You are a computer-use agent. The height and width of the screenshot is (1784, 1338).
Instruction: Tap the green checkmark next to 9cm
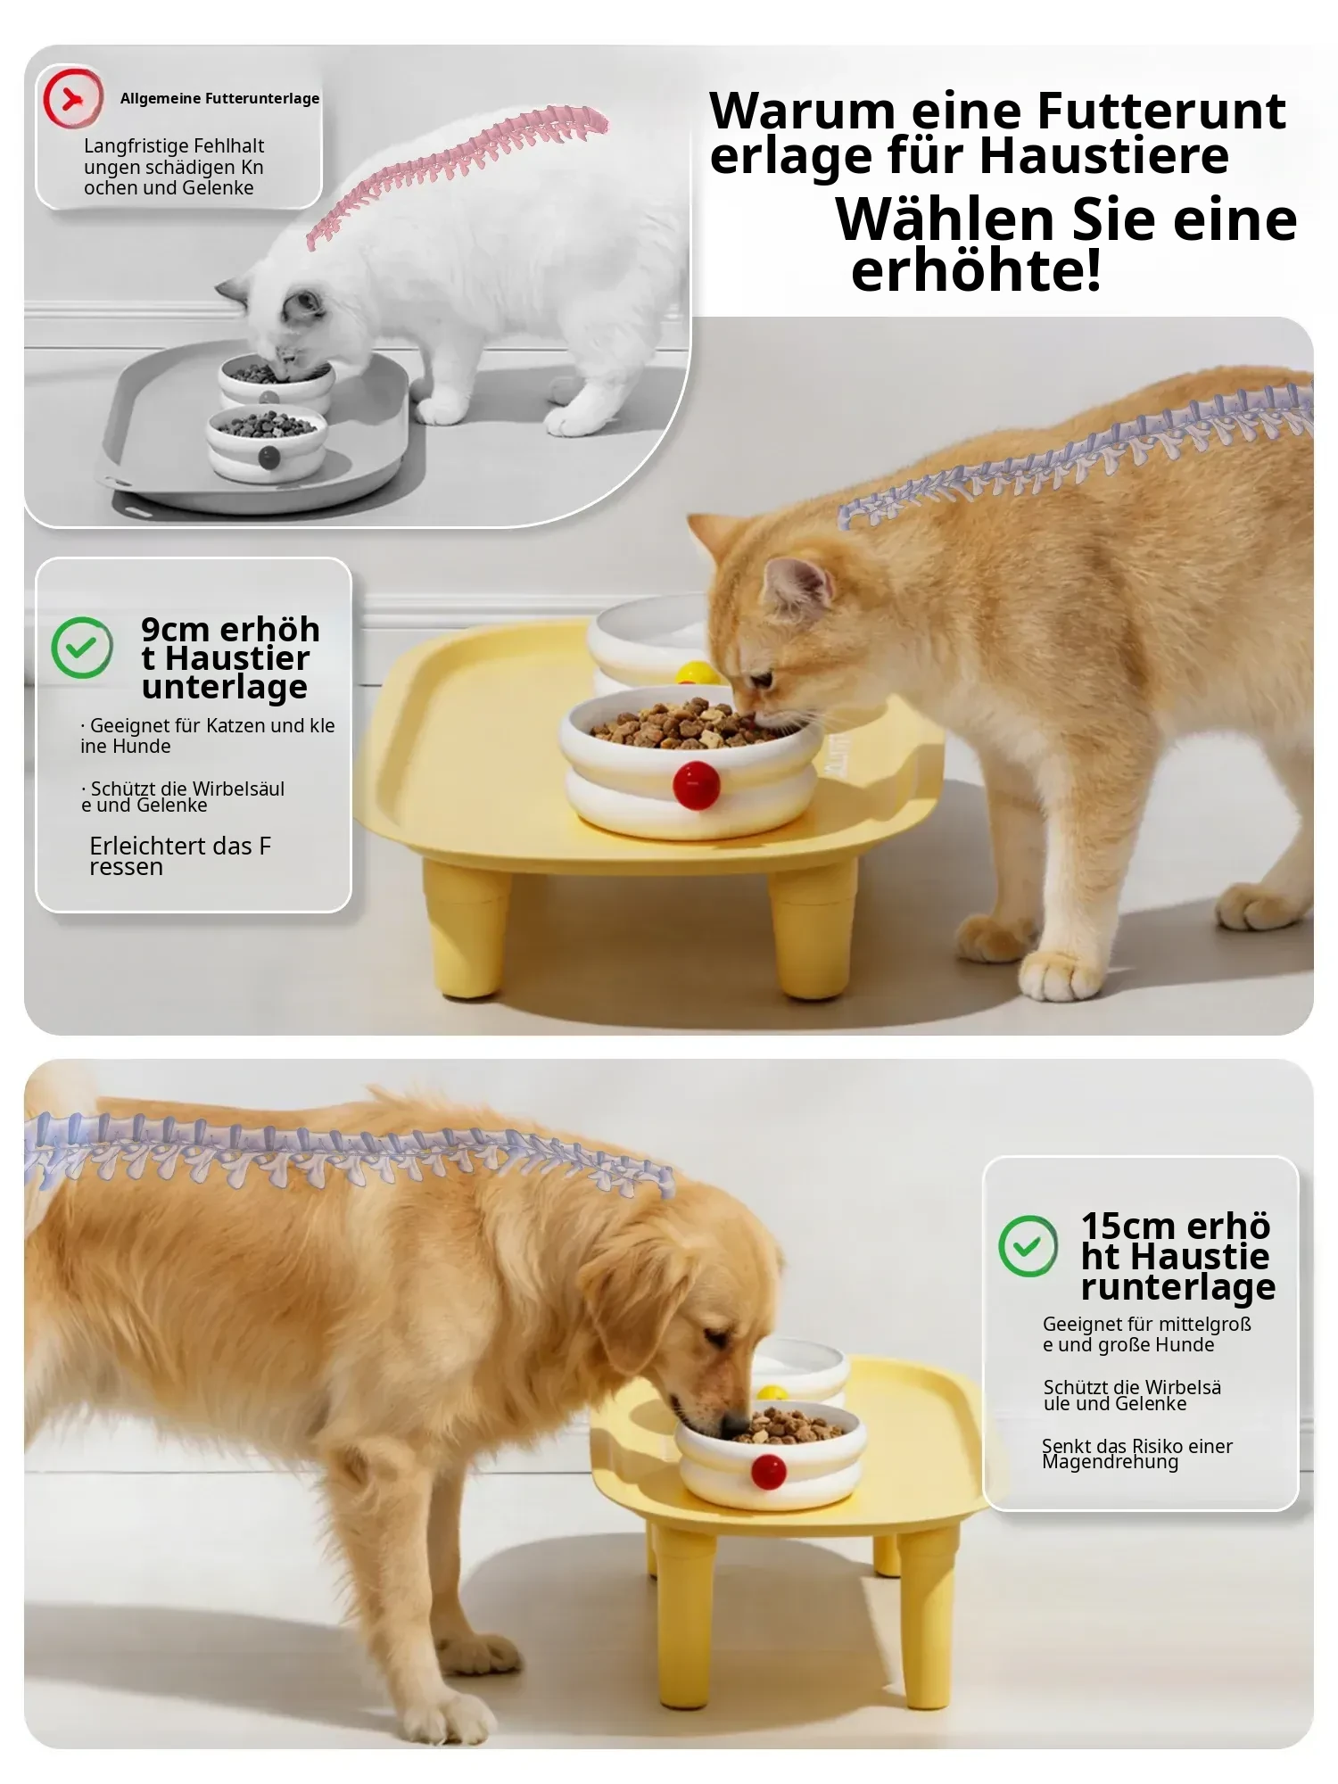pos(82,648)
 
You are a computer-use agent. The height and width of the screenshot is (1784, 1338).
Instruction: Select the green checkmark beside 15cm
pos(1028,1246)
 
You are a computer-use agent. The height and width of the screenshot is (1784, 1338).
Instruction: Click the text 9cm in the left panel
pos(176,630)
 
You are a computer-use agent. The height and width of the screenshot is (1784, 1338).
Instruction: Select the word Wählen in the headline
pos(946,219)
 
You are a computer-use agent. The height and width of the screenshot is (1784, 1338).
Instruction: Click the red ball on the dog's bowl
pos(768,1472)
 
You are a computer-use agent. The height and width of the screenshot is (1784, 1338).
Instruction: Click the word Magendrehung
pos(1110,1462)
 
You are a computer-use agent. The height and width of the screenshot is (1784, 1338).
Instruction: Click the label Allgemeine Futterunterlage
pos(219,98)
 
